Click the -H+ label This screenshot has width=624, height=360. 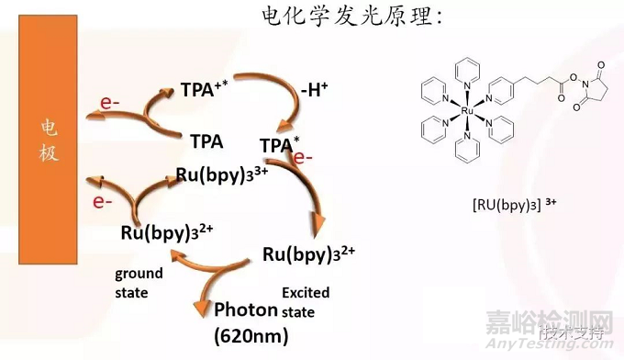(x=315, y=91)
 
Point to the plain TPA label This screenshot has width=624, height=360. (x=206, y=142)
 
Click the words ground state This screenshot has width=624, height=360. (x=139, y=282)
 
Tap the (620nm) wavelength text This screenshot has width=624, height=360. (x=251, y=336)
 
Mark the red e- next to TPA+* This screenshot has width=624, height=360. (x=109, y=104)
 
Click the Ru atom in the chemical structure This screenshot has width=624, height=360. (x=467, y=110)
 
